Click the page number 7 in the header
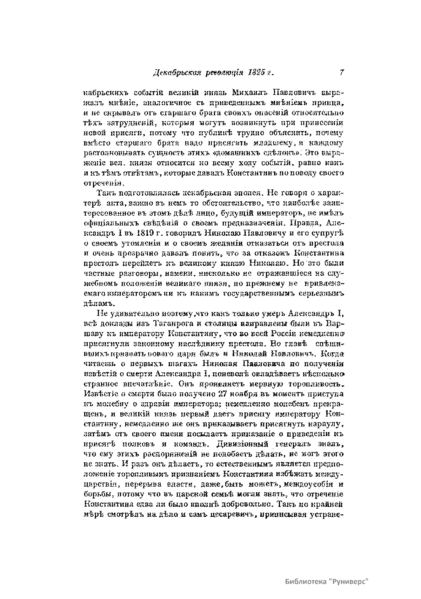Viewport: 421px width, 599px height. [341, 73]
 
